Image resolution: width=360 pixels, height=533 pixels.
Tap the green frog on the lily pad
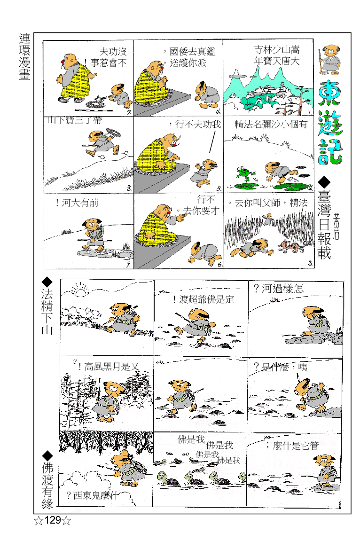click(245, 174)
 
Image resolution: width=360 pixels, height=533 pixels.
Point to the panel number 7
click(128, 111)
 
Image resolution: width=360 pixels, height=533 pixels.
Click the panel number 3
click(310, 263)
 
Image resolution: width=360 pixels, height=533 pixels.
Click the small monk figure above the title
click(328, 61)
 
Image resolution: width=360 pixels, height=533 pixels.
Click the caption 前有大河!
click(77, 204)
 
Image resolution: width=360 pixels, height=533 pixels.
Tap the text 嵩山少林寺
click(277, 50)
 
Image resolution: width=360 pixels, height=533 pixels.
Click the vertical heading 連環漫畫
click(25, 57)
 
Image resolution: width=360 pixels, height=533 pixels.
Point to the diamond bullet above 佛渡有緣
click(47, 455)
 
